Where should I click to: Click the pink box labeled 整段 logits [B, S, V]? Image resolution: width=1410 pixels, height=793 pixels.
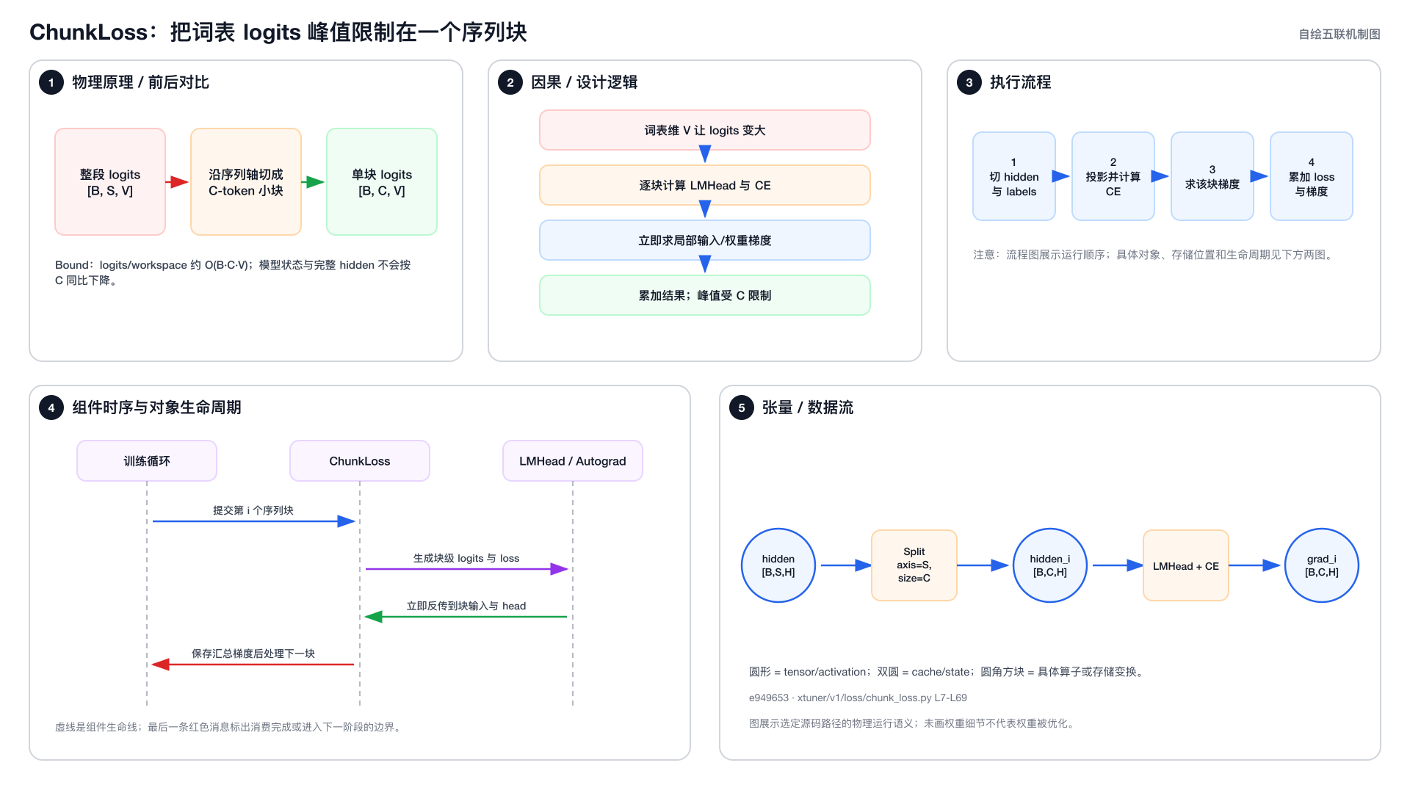[x=110, y=182]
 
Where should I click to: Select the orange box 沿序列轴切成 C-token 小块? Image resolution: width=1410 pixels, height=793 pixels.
[x=246, y=182]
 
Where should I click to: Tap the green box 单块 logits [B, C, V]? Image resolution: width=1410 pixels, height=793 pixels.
[x=382, y=182]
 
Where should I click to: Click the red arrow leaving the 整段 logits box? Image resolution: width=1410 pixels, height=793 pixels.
[x=177, y=182]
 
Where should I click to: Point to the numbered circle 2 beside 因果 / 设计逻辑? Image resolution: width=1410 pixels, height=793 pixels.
[x=510, y=82]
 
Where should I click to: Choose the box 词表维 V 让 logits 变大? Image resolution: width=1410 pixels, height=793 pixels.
[x=705, y=130]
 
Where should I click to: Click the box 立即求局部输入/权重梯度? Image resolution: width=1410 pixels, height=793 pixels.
[x=705, y=240]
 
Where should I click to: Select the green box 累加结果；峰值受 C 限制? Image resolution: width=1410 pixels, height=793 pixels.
[x=705, y=295]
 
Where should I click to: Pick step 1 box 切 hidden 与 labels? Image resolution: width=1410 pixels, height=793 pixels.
[x=1014, y=176]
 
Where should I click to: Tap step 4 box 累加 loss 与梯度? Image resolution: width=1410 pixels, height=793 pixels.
[x=1312, y=176]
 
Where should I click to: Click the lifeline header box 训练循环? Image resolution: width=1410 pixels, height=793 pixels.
[x=147, y=461]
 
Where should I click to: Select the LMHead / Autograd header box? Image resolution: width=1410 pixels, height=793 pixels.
[x=573, y=461]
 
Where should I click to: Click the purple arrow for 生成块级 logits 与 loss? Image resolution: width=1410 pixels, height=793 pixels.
[x=467, y=569]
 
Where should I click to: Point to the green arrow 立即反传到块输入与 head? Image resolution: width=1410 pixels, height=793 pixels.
[x=466, y=617]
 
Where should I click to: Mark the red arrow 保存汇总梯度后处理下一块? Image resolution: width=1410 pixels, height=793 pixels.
[x=253, y=665]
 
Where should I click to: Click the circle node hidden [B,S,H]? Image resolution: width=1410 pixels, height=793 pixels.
[x=778, y=565]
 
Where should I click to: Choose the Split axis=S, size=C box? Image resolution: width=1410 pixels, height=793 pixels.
[x=914, y=565]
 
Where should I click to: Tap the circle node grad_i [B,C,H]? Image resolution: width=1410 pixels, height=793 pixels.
[x=1322, y=565]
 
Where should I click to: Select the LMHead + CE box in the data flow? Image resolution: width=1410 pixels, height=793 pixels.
[x=1186, y=565]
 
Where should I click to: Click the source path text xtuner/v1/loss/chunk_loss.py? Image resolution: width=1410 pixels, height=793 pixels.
[x=864, y=698]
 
